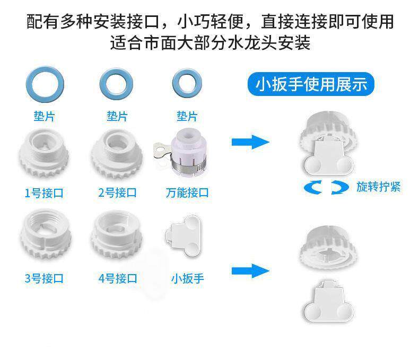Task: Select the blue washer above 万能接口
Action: pos(187,84)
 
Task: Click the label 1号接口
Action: pos(44,193)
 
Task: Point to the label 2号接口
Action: pos(118,193)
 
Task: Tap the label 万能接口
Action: pos(187,193)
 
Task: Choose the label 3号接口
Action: pos(44,278)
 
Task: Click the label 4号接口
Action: pos(118,278)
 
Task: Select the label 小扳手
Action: pos(187,278)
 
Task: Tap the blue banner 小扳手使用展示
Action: pos(311,84)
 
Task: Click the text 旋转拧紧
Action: pos(378,187)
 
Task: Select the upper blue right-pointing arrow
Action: pos(250,142)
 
